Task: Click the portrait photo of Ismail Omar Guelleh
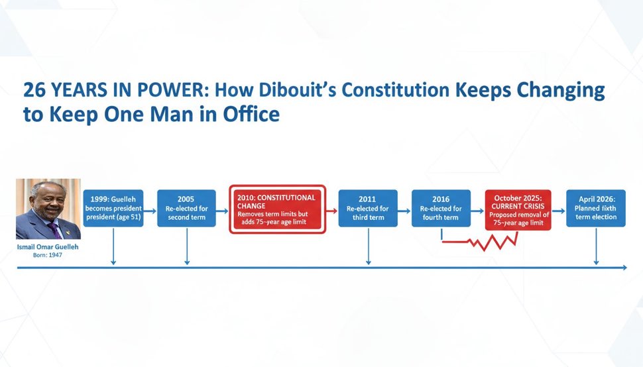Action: [48, 208]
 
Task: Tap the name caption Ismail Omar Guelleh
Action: [47, 246]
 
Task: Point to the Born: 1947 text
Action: [47, 255]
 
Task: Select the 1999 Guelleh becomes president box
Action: [113, 208]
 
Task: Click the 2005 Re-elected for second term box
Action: [186, 208]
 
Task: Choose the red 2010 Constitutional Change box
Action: [278, 208]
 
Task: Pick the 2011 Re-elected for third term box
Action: [367, 208]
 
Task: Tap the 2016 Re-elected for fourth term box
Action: [441, 208]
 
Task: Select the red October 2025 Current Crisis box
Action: [518, 208]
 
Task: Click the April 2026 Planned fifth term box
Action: [595, 208]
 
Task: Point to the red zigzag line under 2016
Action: [487, 241]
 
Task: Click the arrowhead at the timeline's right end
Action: [622, 268]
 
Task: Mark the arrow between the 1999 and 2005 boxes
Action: [150, 208]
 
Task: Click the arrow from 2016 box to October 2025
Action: [477, 208]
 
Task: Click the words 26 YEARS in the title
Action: [66, 91]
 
